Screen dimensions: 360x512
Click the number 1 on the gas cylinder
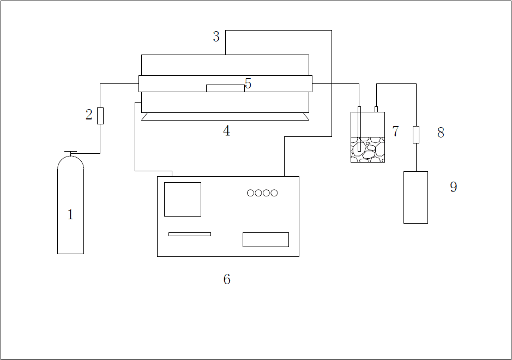[x=70, y=215]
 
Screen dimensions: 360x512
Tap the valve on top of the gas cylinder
[x=70, y=153]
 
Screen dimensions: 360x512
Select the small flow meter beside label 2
[x=100, y=116]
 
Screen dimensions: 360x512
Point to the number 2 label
[x=89, y=115]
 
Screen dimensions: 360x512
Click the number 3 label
[x=216, y=37]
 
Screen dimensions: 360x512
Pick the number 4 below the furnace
[x=226, y=131]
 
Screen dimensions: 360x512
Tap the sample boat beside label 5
[x=225, y=88]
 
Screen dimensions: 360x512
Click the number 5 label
[x=248, y=83]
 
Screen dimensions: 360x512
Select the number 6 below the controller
[x=227, y=279]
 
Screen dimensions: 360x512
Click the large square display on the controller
[x=183, y=199]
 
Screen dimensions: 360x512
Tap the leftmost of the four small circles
[x=251, y=193]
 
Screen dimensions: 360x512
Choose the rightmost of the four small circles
[x=274, y=193]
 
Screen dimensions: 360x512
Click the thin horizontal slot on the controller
[x=189, y=234]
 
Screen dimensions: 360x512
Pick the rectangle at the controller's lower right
[x=266, y=239]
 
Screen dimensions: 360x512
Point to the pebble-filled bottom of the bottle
[x=368, y=150]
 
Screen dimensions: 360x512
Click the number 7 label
[x=395, y=131]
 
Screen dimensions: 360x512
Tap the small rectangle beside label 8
[x=416, y=134]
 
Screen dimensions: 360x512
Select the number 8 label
[x=441, y=133]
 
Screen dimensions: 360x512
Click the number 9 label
[x=453, y=187]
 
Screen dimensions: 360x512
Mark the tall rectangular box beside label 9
[x=415, y=197]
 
